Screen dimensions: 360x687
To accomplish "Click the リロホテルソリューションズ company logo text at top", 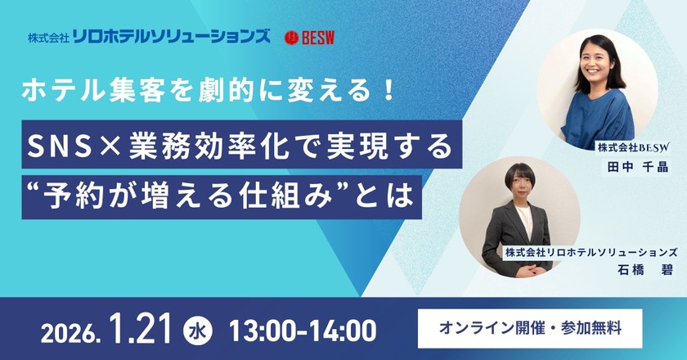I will pos(171,37).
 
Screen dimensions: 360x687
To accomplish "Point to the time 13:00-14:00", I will pos(303,330).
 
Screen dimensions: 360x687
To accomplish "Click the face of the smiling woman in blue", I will pos(599,65).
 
